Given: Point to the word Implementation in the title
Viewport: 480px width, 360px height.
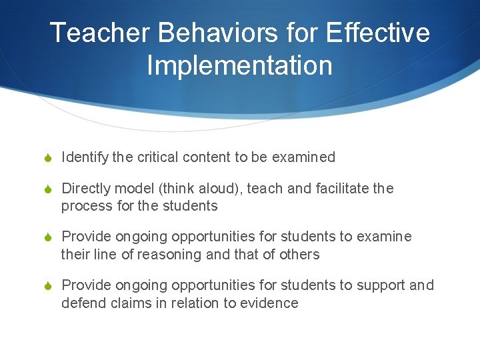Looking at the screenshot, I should (239, 65).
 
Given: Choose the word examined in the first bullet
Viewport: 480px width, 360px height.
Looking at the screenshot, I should (303, 157).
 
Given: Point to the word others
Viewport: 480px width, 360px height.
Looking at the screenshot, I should (300, 254).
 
